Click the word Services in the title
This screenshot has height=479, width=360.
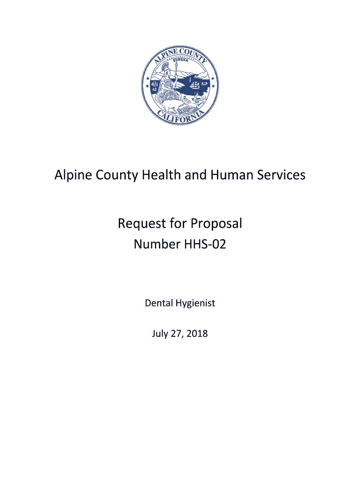[282, 175]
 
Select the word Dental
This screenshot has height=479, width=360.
[158, 303]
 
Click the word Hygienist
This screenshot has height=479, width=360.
[195, 304]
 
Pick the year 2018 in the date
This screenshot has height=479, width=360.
[197, 334]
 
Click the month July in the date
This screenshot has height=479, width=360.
[160, 334]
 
